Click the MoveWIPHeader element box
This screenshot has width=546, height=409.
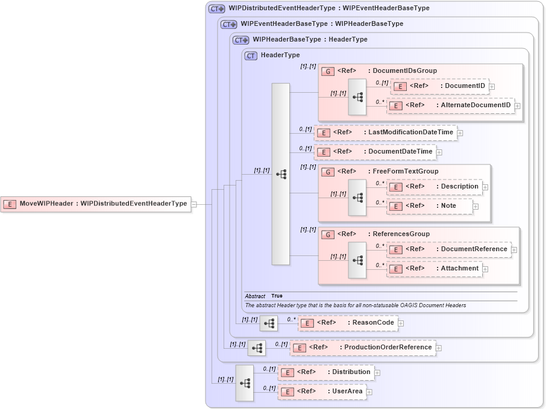96,204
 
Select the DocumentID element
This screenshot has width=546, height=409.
439,86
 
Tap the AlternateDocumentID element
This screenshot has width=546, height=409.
450,105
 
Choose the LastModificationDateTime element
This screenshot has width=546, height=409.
386,133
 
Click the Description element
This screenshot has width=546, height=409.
435,187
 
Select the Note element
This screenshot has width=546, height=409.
430,206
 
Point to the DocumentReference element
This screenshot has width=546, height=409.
448,249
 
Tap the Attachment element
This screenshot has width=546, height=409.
435,269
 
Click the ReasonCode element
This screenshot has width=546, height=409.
348,323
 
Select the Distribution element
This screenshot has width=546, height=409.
325,372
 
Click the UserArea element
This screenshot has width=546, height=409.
322,392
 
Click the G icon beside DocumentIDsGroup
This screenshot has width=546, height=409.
328,70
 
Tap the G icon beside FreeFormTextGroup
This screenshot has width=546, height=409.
328,172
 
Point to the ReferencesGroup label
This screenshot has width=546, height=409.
401,234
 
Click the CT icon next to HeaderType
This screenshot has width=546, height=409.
251,55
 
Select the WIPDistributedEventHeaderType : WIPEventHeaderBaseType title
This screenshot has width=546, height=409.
329,8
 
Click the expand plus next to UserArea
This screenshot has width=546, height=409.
369,392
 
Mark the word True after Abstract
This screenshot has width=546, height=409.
277,296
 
